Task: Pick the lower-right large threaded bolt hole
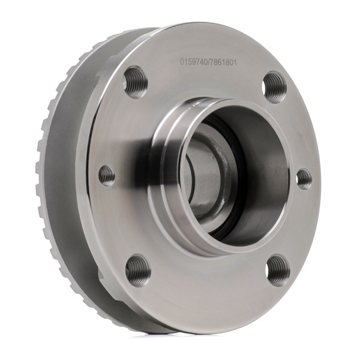(x=278, y=268)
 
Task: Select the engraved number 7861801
(x=222, y=62)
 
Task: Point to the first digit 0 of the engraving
(x=181, y=62)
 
